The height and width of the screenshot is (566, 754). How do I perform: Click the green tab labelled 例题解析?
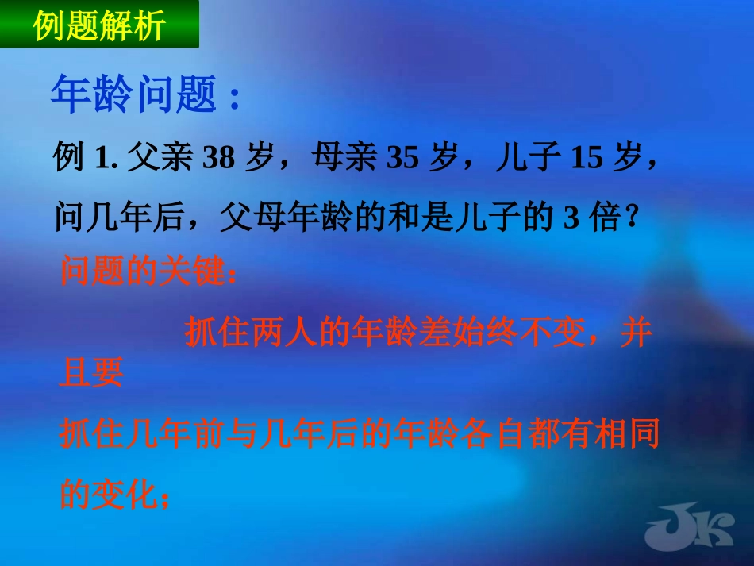99,25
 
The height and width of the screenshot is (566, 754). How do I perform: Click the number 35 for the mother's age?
402,160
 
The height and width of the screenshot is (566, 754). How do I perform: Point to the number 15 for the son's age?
585,160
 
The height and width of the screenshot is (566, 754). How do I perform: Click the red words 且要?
91,372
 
